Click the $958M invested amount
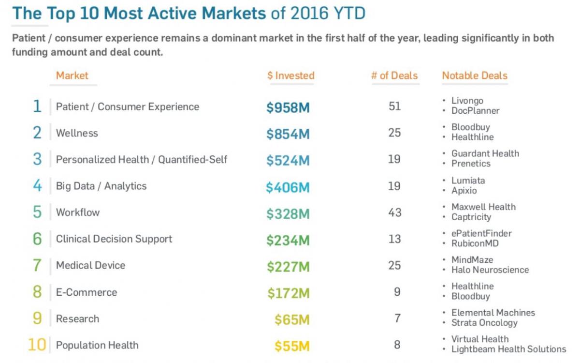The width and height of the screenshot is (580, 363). [288, 107]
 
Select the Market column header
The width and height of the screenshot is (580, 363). [72, 76]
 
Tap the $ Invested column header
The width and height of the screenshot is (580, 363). [290, 76]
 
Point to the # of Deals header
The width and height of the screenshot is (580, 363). [394, 76]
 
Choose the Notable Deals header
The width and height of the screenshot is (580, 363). [475, 76]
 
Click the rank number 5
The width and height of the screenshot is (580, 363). [37, 212]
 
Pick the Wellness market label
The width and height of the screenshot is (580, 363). [77, 133]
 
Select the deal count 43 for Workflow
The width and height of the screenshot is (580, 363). [394, 212]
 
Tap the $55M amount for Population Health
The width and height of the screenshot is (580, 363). [292, 346]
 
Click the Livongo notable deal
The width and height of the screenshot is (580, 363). [467, 101]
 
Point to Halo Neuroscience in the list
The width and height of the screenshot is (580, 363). [490, 270]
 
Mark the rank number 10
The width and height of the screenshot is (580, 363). [37, 345]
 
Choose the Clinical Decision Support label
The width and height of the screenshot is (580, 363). [114, 239]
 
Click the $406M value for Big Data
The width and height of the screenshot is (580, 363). [288, 187]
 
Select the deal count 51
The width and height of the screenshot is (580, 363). [394, 106]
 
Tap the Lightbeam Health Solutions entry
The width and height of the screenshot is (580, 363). [508, 349]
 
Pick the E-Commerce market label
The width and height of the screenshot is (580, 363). [87, 292]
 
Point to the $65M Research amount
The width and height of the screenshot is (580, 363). [292, 319]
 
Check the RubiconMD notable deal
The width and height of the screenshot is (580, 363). [475, 243]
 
